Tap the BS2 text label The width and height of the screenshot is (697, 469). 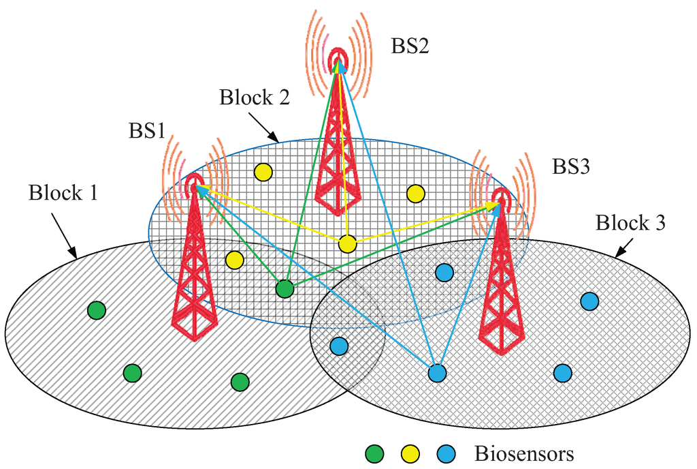(410, 46)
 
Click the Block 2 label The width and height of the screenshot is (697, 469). (255, 97)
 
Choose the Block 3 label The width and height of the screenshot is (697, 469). (630, 223)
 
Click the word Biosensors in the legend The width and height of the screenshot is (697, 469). (524, 453)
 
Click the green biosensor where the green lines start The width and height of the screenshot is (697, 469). (285, 289)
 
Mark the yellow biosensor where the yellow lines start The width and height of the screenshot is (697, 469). (347, 243)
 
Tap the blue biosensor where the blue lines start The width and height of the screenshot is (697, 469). (436, 374)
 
